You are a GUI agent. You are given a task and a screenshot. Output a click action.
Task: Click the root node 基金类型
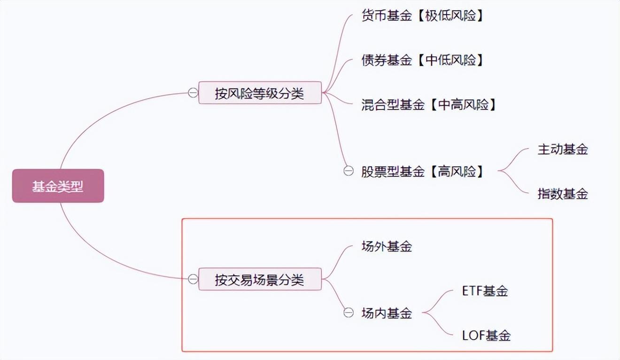tap(58, 186)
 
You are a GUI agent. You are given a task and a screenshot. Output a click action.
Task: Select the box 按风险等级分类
tap(260, 93)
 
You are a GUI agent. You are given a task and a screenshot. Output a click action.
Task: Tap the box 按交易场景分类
tap(260, 280)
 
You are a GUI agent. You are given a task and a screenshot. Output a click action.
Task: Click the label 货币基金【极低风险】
tap(422, 16)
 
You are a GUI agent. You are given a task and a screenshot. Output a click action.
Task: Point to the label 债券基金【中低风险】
tap(422, 60)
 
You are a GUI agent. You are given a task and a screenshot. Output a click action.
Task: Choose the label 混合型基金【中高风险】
tap(428, 104)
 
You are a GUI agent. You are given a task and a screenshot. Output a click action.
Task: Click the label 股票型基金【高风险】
tap(422, 172)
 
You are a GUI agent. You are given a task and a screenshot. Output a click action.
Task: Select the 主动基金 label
tap(563, 149)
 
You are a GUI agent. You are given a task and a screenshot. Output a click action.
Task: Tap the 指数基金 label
tap(563, 194)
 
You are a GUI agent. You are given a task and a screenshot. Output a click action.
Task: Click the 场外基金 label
tap(387, 246)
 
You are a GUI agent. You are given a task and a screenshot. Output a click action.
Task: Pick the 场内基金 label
tap(387, 313)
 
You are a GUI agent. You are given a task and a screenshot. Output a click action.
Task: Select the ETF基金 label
tap(485, 291)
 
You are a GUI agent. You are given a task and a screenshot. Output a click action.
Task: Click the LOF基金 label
tap(486, 336)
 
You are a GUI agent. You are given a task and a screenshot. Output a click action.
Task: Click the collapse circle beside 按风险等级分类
tap(193, 93)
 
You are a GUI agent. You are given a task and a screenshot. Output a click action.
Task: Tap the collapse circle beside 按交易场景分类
tap(193, 280)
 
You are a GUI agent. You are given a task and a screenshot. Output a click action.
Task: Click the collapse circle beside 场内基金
tap(348, 313)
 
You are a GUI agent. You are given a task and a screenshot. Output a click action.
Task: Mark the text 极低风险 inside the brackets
tap(454, 16)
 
